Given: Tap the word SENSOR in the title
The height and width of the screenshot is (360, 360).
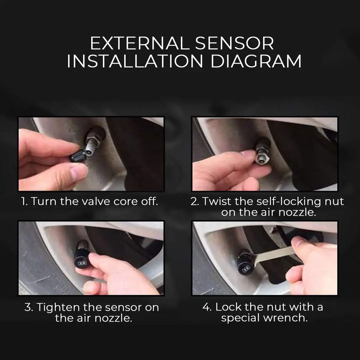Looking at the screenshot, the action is (235, 44).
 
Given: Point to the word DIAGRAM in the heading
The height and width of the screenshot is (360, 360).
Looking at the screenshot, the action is (256, 61).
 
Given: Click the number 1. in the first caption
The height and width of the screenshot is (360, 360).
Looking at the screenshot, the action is (24, 201).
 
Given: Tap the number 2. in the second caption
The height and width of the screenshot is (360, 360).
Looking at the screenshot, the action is (195, 201).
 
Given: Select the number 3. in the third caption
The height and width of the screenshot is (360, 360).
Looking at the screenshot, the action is (29, 307).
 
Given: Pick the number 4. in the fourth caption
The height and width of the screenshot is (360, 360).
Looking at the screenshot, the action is (207, 307).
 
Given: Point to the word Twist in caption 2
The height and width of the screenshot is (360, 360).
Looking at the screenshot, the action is (217, 201).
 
